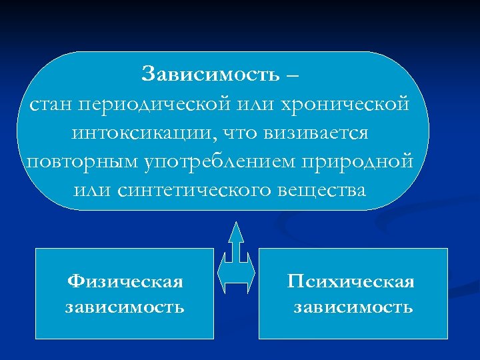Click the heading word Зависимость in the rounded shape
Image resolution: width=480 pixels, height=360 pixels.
(x=210, y=73)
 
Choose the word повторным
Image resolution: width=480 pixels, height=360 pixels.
(x=75, y=161)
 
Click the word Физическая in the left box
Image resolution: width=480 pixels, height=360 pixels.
(x=125, y=282)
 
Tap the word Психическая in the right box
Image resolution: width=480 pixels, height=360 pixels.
(x=351, y=282)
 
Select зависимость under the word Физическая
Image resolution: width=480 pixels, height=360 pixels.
(x=125, y=307)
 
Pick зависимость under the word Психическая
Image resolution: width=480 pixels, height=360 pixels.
(x=353, y=307)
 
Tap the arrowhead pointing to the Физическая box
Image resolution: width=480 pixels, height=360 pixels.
(x=223, y=274)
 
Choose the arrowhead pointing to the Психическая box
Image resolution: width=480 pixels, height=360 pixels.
(x=251, y=274)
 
